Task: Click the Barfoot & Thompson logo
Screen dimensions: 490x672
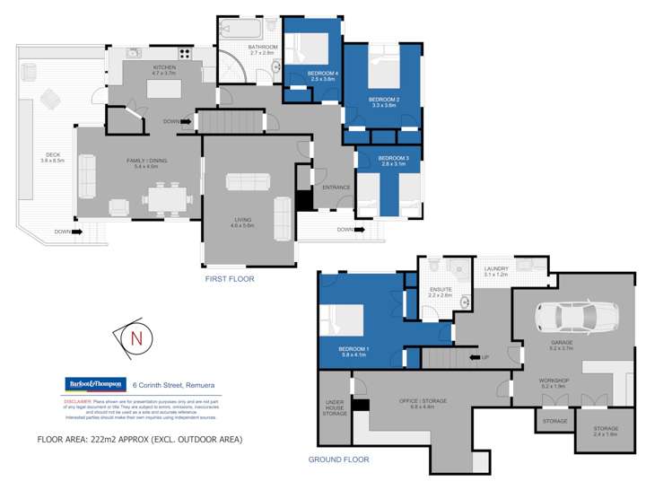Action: (x=93, y=384)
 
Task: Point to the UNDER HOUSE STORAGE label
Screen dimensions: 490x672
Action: (x=336, y=407)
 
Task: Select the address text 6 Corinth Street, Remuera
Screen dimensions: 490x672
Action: (x=179, y=384)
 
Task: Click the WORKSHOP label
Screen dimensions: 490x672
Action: (x=554, y=381)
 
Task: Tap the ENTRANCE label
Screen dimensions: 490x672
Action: (x=336, y=188)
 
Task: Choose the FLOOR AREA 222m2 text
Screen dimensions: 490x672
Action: (x=139, y=439)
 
